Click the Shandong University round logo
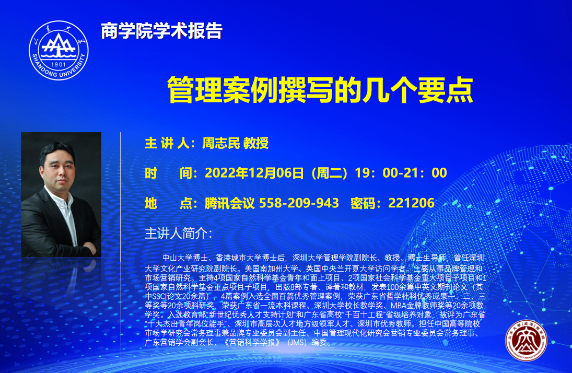(x=59, y=50)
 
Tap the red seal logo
(x=526, y=341)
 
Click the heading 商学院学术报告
(x=161, y=31)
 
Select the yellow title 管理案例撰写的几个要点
(x=320, y=90)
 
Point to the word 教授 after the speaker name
(x=256, y=143)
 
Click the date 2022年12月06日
(x=254, y=173)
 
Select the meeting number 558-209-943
(x=299, y=203)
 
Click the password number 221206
(x=412, y=203)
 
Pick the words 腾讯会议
(x=229, y=203)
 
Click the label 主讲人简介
(x=176, y=234)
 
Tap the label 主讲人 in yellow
(x=167, y=143)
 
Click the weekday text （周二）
(x=329, y=173)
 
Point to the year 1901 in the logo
(x=59, y=65)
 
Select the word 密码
(x=363, y=203)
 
